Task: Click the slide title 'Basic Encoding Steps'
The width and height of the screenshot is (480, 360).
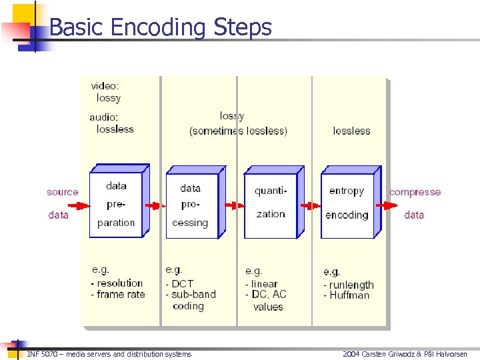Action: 161,27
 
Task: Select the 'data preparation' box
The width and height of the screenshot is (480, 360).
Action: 116,204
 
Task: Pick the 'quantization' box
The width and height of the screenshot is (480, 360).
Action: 270,203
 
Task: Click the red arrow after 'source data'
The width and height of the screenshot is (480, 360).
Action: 79,205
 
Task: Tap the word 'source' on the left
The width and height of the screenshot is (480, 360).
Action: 62,192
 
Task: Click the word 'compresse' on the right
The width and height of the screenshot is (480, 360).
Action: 415,192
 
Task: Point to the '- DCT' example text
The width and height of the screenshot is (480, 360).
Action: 179,283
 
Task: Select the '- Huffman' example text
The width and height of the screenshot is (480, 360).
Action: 346,295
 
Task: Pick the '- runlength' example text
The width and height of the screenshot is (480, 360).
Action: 349,285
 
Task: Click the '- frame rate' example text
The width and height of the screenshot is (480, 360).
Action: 118,294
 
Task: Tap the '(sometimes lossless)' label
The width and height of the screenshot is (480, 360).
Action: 238,131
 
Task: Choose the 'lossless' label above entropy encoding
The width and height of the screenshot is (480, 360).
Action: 351,131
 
